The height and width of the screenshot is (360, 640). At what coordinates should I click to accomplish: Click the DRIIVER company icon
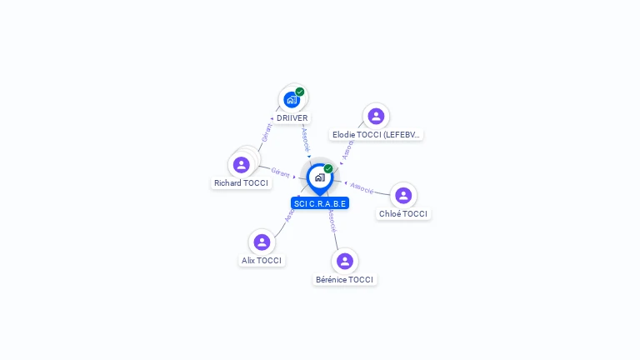pyautogui.click(x=292, y=100)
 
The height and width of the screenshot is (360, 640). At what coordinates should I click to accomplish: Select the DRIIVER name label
pyautogui.click(x=292, y=118)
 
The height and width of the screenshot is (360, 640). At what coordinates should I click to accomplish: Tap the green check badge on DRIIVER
pyautogui.click(x=300, y=92)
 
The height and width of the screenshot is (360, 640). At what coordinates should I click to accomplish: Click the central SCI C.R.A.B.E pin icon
pyautogui.click(x=319, y=177)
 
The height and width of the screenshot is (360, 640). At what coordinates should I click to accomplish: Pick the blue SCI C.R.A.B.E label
pyautogui.click(x=320, y=203)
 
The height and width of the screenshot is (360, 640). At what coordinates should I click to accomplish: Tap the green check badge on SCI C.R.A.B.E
pyautogui.click(x=328, y=168)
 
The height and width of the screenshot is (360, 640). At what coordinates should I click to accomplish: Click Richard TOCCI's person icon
pyautogui.click(x=242, y=164)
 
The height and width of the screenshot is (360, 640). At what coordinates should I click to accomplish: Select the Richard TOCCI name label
pyautogui.click(x=241, y=183)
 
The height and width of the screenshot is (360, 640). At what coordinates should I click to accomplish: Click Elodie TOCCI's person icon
pyautogui.click(x=376, y=116)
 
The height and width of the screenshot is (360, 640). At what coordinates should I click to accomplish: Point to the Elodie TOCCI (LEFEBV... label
pyautogui.click(x=377, y=134)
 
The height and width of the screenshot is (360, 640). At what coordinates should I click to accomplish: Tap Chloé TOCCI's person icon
pyautogui.click(x=403, y=195)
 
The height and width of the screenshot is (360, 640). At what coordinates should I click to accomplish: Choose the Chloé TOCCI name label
pyautogui.click(x=403, y=214)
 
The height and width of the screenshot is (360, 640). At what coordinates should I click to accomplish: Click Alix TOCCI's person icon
pyautogui.click(x=262, y=242)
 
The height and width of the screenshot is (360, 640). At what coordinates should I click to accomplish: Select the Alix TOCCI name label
pyautogui.click(x=262, y=261)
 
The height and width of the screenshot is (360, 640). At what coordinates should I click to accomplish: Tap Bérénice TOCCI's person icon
pyautogui.click(x=345, y=261)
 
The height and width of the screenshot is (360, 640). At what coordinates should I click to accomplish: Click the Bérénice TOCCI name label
pyautogui.click(x=345, y=280)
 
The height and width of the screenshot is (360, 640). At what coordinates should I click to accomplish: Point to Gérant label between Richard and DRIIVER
pyautogui.click(x=266, y=132)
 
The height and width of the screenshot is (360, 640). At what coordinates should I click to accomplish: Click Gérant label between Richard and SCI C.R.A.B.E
pyautogui.click(x=280, y=172)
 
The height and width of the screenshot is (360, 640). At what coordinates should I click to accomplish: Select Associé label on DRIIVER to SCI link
pyautogui.click(x=306, y=137)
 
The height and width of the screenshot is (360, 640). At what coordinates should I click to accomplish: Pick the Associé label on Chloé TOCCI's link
pyautogui.click(x=362, y=187)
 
